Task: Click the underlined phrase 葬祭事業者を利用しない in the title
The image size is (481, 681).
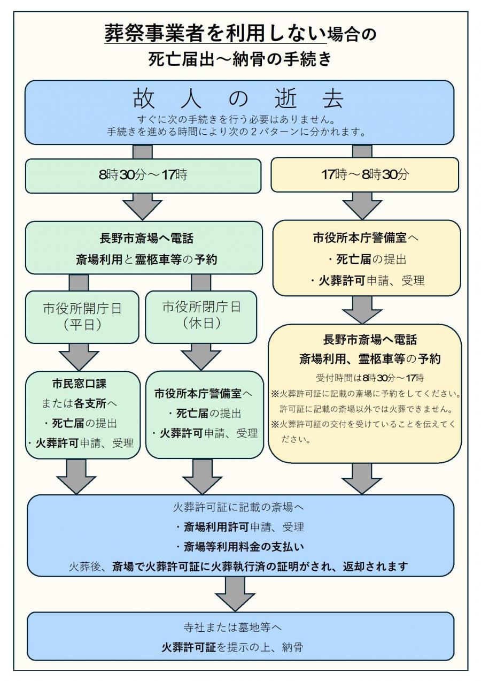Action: coord(215,34)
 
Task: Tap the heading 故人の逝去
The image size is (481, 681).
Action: coord(239,99)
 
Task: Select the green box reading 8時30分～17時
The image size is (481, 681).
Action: coord(143,175)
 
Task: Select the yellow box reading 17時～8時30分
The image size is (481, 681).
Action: coord(364,175)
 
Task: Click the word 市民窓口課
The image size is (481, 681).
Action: coord(82,385)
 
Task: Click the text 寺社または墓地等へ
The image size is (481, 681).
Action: coord(239,628)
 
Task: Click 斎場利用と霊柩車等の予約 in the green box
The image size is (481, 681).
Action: coord(143,259)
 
